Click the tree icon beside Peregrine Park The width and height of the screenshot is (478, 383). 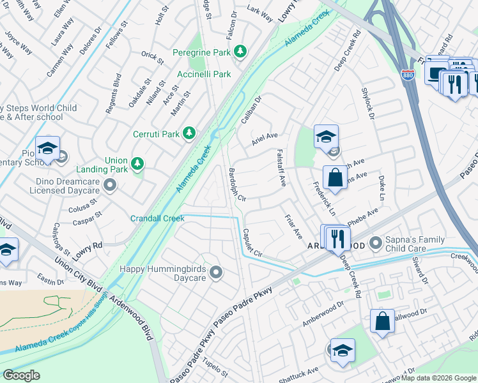(x=240, y=51)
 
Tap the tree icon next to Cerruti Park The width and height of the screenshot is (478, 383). (x=189, y=132)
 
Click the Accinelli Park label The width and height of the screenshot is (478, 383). (x=204, y=74)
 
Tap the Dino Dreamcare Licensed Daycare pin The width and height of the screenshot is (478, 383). (x=111, y=186)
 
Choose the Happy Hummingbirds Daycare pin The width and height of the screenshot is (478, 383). (x=216, y=273)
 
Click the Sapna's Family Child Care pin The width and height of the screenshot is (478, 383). (x=375, y=243)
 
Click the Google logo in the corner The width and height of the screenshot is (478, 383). (x=21, y=375)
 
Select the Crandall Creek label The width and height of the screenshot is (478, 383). (x=157, y=218)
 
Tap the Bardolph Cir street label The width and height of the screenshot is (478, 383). (x=236, y=185)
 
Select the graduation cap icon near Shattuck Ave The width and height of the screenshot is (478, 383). (x=343, y=351)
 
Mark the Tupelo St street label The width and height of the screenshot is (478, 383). (x=215, y=370)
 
